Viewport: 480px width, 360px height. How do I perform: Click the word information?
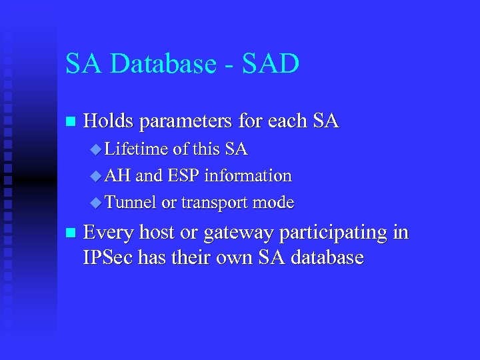pyautogui.click(x=248, y=176)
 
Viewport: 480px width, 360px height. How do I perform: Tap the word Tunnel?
pyautogui.click(x=131, y=202)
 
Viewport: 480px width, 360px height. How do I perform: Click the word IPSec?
pyautogui.click(x=108, y=258)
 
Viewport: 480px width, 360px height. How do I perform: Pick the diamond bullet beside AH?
pyautogui.click(x=96, y=177)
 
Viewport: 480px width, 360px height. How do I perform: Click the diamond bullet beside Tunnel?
pyautogui.click(x=96, y=203)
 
